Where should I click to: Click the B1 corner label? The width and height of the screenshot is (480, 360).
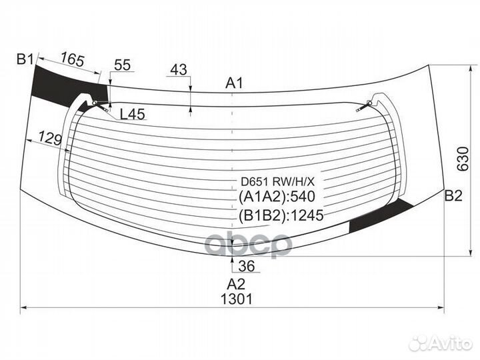click(25, 60)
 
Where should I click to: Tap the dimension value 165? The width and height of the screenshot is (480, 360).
click(72, 60)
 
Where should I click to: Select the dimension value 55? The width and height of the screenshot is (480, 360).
click(123, 65)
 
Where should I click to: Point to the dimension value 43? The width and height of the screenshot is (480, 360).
click(179, 69)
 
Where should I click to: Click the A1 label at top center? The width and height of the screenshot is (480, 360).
click(234, 83)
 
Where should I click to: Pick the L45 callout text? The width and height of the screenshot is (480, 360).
click(132, 114)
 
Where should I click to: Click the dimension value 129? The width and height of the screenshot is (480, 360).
click(50, 139)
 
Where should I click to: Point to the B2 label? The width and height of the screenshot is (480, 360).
click(453, 195)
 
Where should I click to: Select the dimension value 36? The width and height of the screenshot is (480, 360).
click(246, 267)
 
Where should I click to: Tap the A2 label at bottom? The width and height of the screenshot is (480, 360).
click(231, 283)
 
